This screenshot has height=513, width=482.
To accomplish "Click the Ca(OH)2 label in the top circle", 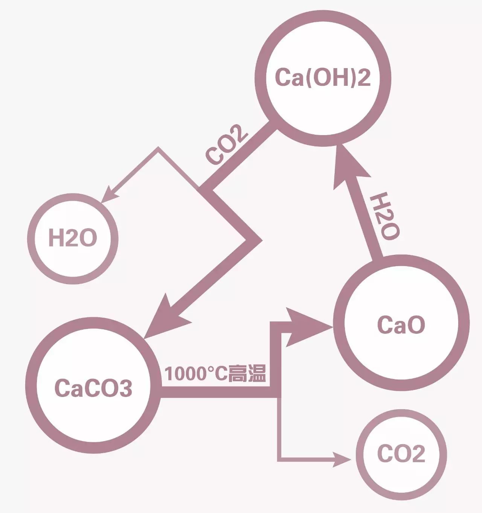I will coord(323,78).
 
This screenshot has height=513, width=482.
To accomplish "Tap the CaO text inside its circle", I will coord(401,324).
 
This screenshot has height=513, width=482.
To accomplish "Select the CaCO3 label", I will coord(93,388).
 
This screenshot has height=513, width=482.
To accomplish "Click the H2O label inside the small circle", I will coord(73,238).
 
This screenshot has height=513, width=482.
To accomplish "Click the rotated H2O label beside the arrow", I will coord(383,216).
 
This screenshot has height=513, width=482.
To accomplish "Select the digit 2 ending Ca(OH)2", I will coord(363,78).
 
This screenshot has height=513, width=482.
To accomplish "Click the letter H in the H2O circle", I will coord(56,238).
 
